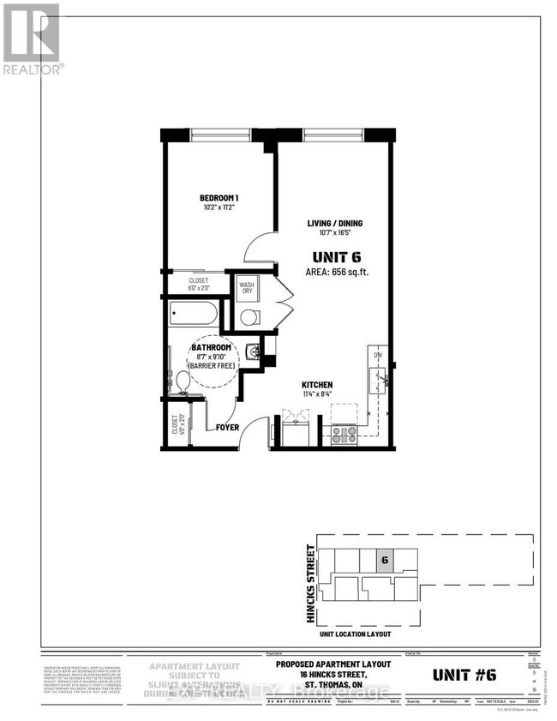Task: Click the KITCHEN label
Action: coord(316,385)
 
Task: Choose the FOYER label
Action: coord(227,427)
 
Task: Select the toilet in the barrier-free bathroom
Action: coord(182,381)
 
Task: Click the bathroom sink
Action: coord(250,351)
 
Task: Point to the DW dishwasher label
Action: coord(375,354)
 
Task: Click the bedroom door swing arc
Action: coord(260,249)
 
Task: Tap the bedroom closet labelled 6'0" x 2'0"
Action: coord(199,284)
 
